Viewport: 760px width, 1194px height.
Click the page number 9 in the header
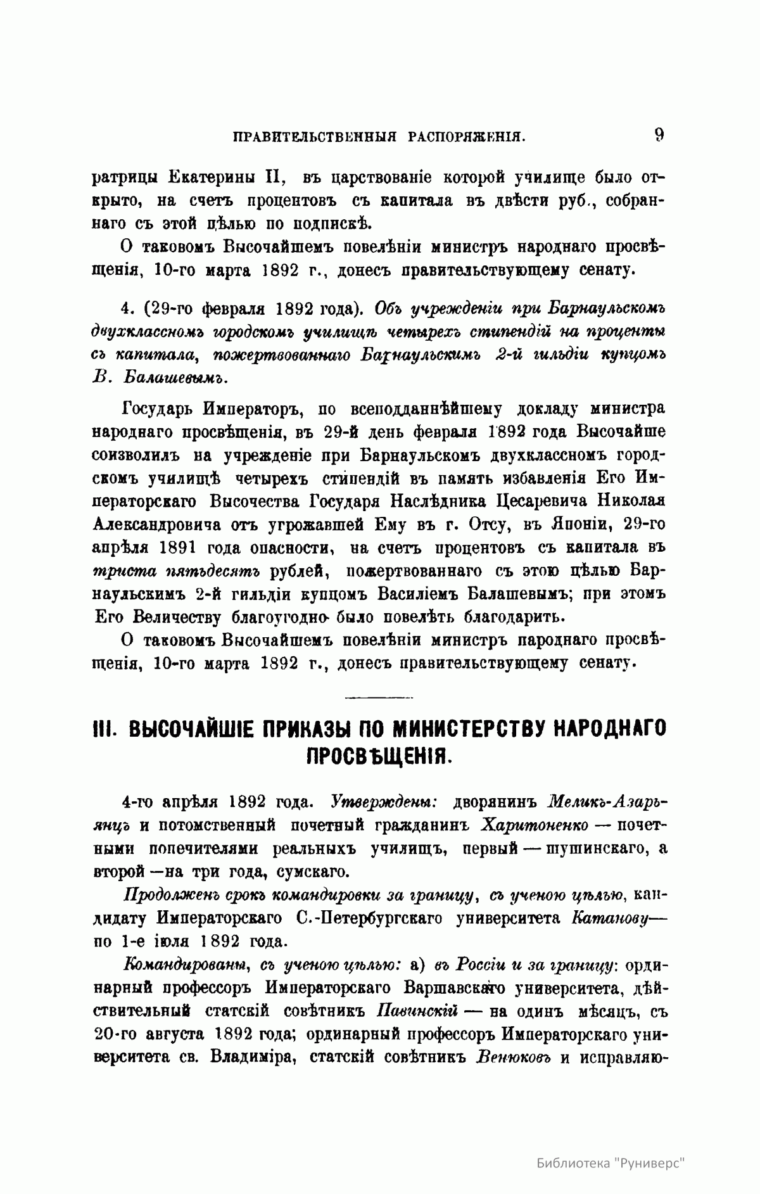659,135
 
